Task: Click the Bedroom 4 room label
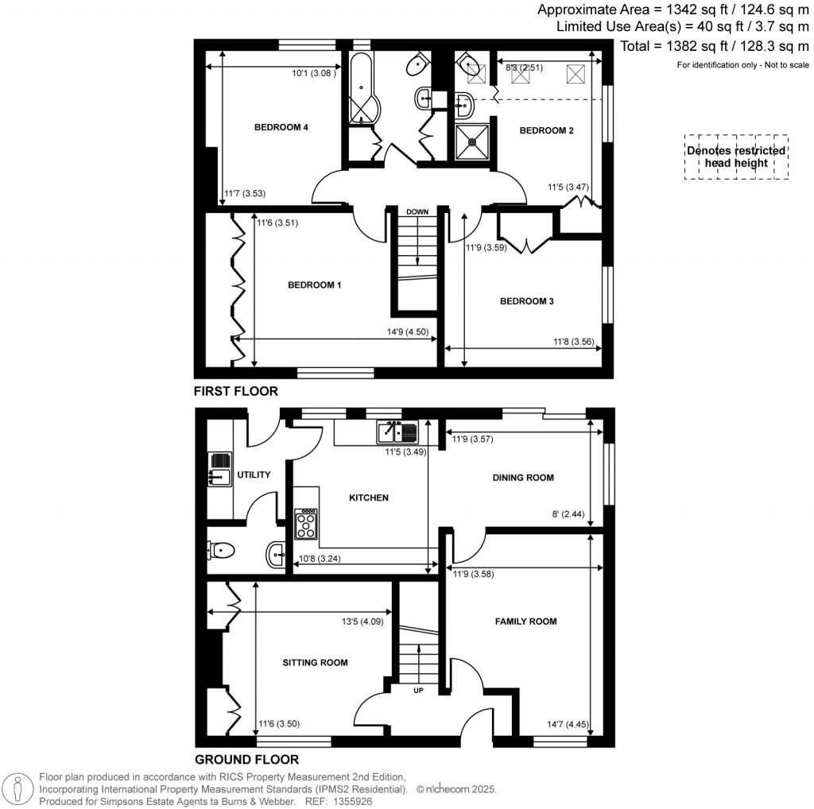281,127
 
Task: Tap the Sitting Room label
316,662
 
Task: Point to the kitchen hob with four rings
306,525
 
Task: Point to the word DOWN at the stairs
417,212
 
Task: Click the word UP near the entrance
418,690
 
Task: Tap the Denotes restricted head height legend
736,157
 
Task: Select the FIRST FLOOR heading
236,391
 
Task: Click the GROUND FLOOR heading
246,759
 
